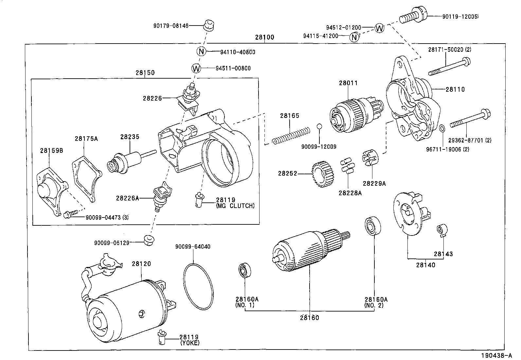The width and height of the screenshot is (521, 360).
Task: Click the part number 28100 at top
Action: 264,37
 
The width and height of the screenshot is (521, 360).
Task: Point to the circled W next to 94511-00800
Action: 196,68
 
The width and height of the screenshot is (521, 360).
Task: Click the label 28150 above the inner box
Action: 145,73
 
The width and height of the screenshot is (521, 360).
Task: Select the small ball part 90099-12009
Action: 319,127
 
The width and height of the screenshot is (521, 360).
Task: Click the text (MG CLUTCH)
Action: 235,206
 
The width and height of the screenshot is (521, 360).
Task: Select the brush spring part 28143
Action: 442,230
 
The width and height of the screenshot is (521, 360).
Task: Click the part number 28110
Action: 455,89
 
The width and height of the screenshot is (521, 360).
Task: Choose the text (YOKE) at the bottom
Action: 189,343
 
